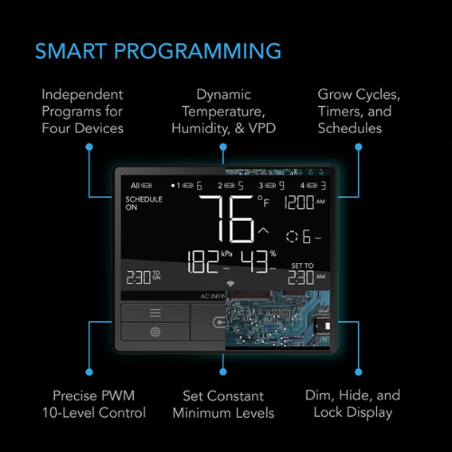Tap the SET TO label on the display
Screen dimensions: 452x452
coord(302,266)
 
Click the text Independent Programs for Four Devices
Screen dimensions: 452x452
coord(82,110)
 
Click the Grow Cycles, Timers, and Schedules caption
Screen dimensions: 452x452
coord(360,110)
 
